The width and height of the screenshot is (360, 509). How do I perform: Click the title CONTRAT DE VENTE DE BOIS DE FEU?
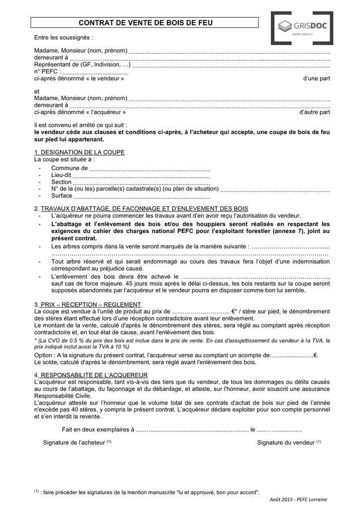tap(145, 23)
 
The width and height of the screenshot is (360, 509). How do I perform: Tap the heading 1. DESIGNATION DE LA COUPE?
tap(79, 153)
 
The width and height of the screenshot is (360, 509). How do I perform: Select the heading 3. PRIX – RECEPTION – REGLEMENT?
tap(88, 304)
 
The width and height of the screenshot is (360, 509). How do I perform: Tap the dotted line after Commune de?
tap(150, 168)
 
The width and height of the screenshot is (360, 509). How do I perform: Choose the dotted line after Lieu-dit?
tap(142, 175)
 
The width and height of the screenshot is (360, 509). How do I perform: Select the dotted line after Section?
tap(142, 182)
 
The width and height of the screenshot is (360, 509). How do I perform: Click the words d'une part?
tap(316, 79)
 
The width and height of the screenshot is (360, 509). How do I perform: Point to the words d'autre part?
tap(314, 113)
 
